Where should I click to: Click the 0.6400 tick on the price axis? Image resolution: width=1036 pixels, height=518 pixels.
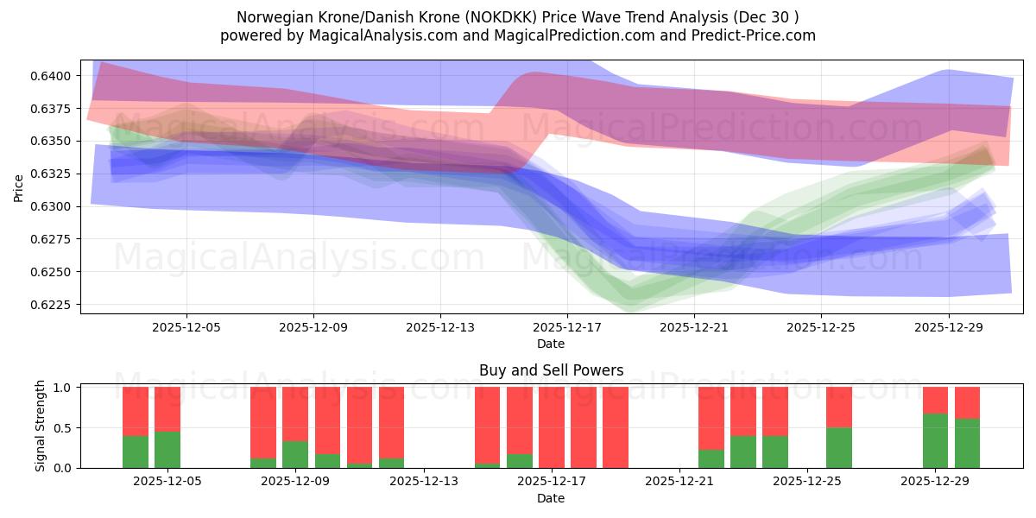[56, 76]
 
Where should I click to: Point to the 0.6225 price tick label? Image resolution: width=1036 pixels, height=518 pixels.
[56, 305]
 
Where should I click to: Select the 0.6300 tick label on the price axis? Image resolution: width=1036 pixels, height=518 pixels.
[56, 206]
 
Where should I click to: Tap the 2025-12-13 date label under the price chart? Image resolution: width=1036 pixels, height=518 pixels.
[440, 327]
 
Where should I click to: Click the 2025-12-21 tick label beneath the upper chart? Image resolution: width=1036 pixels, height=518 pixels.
[695, 327]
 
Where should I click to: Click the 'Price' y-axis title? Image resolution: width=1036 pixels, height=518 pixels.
[19, 188]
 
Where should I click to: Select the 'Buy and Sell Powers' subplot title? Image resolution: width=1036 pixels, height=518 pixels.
[551, 370]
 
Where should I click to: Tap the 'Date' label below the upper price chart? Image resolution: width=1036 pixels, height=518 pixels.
[551, 344]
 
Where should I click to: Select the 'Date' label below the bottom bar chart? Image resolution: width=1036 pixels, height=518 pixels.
[551, 498]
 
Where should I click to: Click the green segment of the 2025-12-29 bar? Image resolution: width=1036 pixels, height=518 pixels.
[935, 440]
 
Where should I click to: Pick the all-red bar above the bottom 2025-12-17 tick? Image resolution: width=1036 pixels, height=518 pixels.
[551, 427]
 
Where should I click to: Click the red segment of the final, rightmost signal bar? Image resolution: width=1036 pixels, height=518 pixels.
[967, 402]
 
